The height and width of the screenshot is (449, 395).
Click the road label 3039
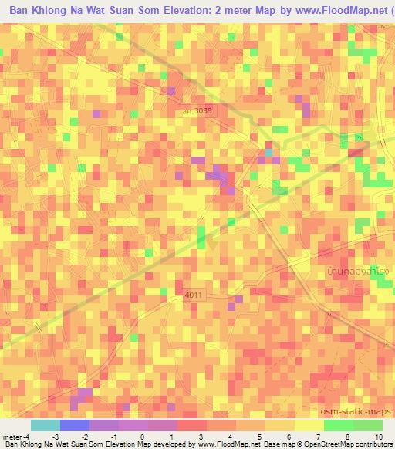pos(200,111)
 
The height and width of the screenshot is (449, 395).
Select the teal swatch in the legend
pos(45,425)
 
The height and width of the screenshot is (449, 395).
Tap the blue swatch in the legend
pos(74,425)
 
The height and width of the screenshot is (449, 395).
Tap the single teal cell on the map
pos(268,153)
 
